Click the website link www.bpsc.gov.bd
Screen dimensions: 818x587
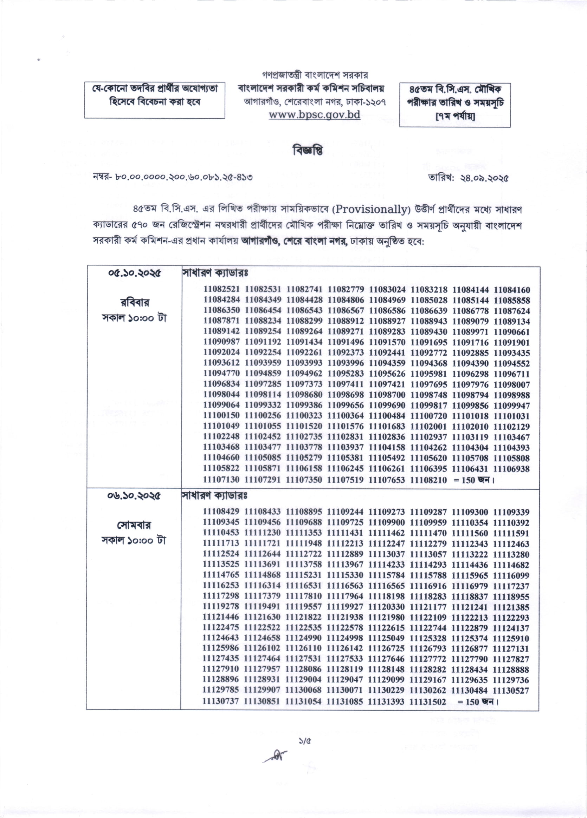pyautogui.click(x=315, y=115)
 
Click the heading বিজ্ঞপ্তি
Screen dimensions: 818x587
pyautogui.click(x=308, y=150)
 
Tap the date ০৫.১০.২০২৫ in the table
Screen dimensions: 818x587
pyautogui.click(x=134, y=273)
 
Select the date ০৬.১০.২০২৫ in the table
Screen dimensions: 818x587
pyautogui.click(x=134, y=496)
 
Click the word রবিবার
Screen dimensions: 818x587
pyautogui.click(x=135, y=302)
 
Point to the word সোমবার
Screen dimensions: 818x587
pyautogui.click(x=134, y=525)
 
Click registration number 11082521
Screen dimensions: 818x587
pyautogui.click(x=222, y=290)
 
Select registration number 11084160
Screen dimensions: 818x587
pyautogui.click(x=512, y=290)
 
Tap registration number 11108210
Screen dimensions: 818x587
pyautogui.click(x=429, y=480)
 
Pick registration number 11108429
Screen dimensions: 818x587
pyautogui.click(x=221, y=512)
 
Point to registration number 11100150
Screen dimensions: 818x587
pyautogui.click(x=221, y=416)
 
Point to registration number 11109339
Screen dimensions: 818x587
pyautogui.click(x=511, y=512)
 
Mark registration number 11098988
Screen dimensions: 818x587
pyautogui.click(x=512, y=395)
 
